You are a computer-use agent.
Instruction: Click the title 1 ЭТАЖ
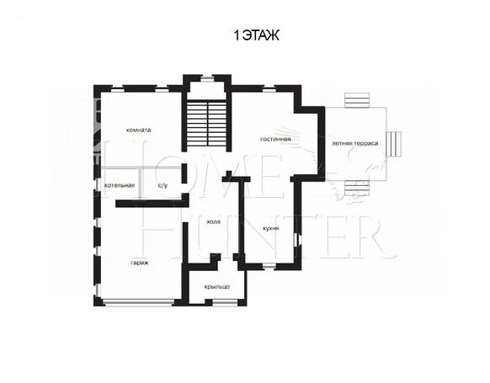pyautogui.click(x=256, y=35)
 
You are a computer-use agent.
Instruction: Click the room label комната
pyautogui.click(x=138, y=130)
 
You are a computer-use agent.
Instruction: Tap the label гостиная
pyautogui.click(x=275, y=139)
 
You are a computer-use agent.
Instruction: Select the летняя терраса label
pyautogui.click(x=355, y=143)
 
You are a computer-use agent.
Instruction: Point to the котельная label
pyautogui.click(x=120, y=185)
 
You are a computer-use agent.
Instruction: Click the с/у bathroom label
pyautogui.click(x=162, y=185)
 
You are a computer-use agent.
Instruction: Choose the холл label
pyautogui.click(x=214, y=221)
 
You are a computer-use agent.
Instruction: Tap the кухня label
pyautogui.click(x=271, y=228)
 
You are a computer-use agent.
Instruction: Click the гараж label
pyautogui.click(x=140, y=263)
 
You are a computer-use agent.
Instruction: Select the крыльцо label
pyautogui.click(x=217, y=287)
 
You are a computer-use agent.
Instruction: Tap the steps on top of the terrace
pyautogui.click(x=357, y=100)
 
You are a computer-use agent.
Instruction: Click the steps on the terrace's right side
pyautogui.click(x=394, y=144)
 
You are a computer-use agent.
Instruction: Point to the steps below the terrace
pyautogui.click(x=357, y=188)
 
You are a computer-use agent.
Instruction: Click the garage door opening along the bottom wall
pyautogui.click(x=139, y=302)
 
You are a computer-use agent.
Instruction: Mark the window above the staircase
pyautogui.click(x=206, y=78)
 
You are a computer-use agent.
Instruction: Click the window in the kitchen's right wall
pyautogui.click(x=298, y=240)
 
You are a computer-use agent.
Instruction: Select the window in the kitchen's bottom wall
pyautogui.click(x=269, y=267)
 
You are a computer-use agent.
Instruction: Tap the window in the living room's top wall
pyautogui.click(x=269, y=89)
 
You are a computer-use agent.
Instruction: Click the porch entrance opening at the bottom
pyautogui.click(x=225, y=302)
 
